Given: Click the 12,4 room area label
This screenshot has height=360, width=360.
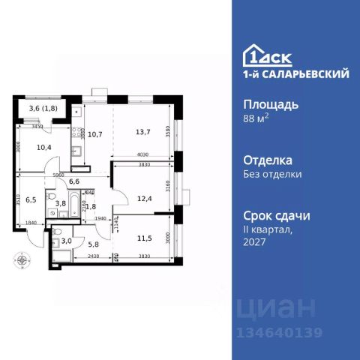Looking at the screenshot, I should coord(142,198).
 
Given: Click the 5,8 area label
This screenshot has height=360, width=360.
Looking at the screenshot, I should coord(93,243).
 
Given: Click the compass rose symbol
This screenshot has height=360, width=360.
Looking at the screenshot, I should coord(25,261).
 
